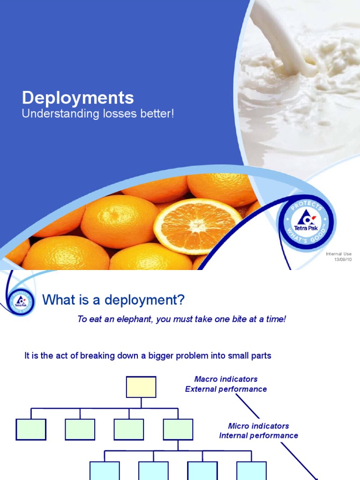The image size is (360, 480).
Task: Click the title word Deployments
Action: (x=78, y=98)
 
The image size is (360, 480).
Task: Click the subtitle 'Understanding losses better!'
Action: (x=98, y=114)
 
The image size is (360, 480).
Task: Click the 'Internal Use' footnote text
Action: (x=338, y=254)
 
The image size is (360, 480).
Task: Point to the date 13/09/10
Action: (x=342, y=259)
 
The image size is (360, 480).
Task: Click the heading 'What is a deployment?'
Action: (x=114, y=300)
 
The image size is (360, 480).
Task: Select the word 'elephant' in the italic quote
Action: (x=123, y=319)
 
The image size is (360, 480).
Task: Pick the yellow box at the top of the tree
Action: (x=141, y=387)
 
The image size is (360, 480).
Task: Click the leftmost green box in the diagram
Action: (x=31, y=429)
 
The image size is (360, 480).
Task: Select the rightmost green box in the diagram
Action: (x=178, y=429)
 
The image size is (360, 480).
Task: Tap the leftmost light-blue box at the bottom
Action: (x=105, y=471)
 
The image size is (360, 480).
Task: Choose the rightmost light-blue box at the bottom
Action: (x=251, y=471)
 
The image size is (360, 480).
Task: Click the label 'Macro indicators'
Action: (x=226, y=379)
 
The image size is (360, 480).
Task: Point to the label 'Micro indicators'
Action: (x=258, y=426)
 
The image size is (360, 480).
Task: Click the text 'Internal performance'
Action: (x=258, y=435)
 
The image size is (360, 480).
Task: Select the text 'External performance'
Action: (x=226, y=389)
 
